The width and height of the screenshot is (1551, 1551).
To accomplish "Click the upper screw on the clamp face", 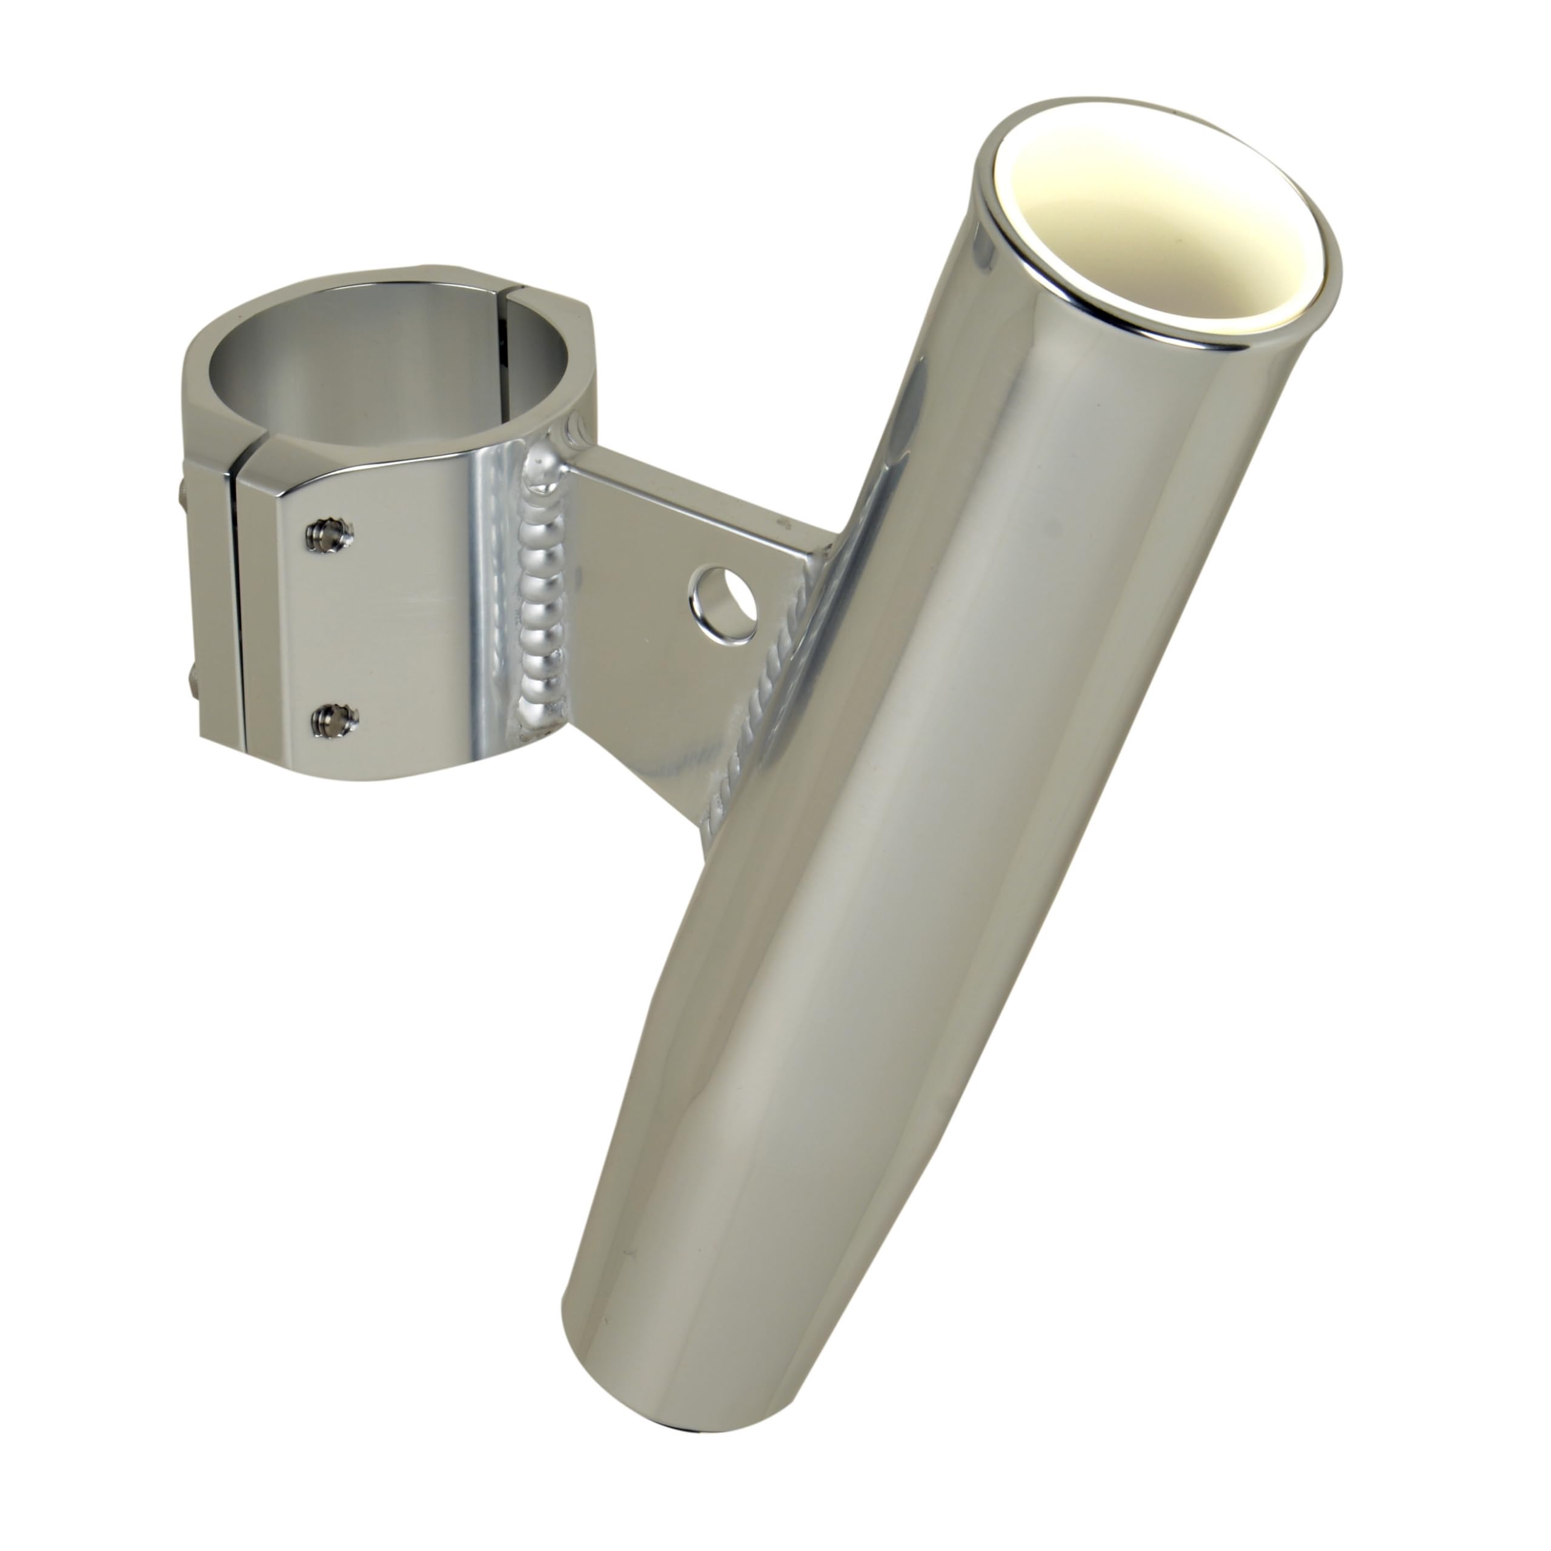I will click(331, 534).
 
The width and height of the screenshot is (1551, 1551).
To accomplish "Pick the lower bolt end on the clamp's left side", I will click(193, 706).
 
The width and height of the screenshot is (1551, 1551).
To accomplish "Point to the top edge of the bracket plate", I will click(706, 490).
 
